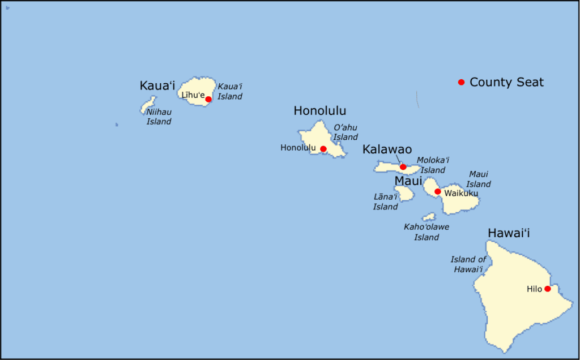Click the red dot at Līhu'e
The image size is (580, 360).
pyautogui.click(x=208, y=99)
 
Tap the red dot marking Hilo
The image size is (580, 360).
pyautogui.click(x=548, y=289)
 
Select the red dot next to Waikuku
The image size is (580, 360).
pyautogui.click(x=438, y=191)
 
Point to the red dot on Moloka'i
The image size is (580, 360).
pyautogui.click(x=403, y=167)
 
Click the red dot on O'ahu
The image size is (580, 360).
pyautogui.click(x=323, y=149)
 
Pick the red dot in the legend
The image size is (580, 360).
pyautogui.click(x=461, y=82)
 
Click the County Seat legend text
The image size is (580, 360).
pyautogui.click(x=506, y=82)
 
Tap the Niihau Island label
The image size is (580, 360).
pyautogui.click(x=159, y=117)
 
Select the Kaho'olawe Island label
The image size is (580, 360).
pyautogui.click(x=427, y=232)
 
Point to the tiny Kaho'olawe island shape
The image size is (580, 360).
pyautogui.click(x=429, y=217)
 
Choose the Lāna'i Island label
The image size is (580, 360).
pyautogui.click(x=385, y=202)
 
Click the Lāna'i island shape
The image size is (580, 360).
pyautogui.click(x=404, y=194)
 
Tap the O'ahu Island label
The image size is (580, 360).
pyautogui.click(x=346, y=132)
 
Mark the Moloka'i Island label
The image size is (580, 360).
pyautogui.click(x=433, y=165)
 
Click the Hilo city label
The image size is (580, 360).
pyautogui.click(x=534, y=289)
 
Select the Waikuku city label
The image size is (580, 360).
pyautogui.click(x=461, y=194)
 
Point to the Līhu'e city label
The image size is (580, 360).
pyautogui.click(x=193, y=95)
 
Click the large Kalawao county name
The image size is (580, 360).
pyautogui.click(x=387, y=149)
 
